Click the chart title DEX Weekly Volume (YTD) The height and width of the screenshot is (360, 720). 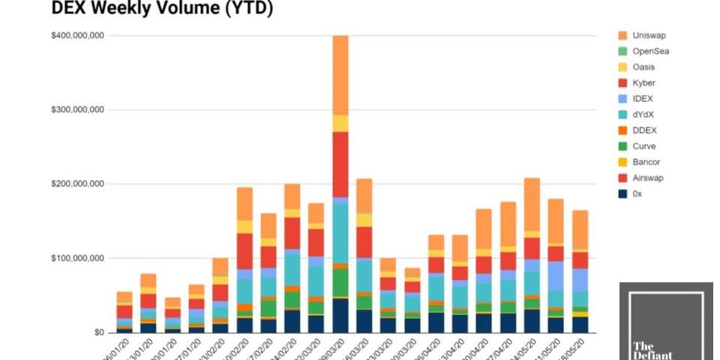coord(162,9)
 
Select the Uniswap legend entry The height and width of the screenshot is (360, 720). coord(649,35)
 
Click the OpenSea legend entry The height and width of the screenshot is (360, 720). coord(650,51)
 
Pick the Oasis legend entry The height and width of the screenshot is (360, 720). coord(643,67)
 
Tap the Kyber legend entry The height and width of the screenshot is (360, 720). coord(643,82)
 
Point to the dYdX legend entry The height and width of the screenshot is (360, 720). coord(643,114)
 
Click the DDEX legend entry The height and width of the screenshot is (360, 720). coord(644,130)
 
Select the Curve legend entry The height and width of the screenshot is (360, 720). coord(644,146)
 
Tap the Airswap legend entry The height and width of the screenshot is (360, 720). coord(648,178)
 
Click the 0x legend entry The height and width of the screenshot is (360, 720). coord(637,193)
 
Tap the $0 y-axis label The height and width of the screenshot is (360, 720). coord(99,332)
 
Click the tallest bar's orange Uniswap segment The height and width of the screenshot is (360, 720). coord(340,75)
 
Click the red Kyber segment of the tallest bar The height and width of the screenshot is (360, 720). coord(340,164)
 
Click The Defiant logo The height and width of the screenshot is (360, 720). coord(665,321)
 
